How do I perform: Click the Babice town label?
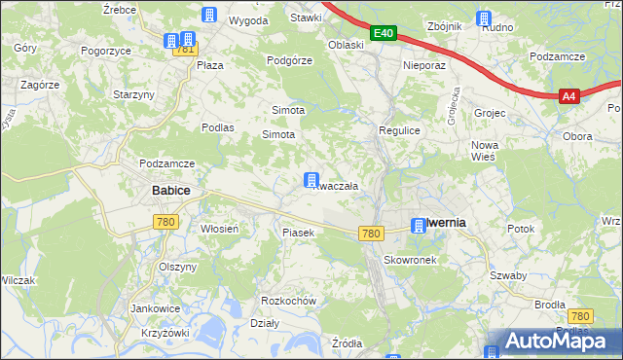pyautogui.click(x=170, y=191)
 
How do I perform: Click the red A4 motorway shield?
pyautogui.click(x=569, y=95)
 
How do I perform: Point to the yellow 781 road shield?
pyautogui.click(x=185, y=50)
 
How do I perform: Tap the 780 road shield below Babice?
pyautogui.click(x=165, y=223)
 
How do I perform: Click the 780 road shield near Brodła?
pyautogui.click(x=581, y=316)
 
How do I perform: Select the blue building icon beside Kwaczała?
pyautogui.click(x=311, y=180)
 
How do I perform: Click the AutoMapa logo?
pyautogui.click(x=552, y=342)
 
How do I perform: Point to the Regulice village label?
pyautogui.click(x=398, y=129)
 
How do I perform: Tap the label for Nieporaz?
pyautogui.click(x=423, y=66)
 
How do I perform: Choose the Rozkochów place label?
pyautogui.click(x=289, y=301)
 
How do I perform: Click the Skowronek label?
pyautogui.click(x=408, y=260)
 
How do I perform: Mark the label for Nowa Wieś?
pyautogui.click(x=484, y=150)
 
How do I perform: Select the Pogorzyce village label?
pyautogui.click(x=106, y=50)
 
